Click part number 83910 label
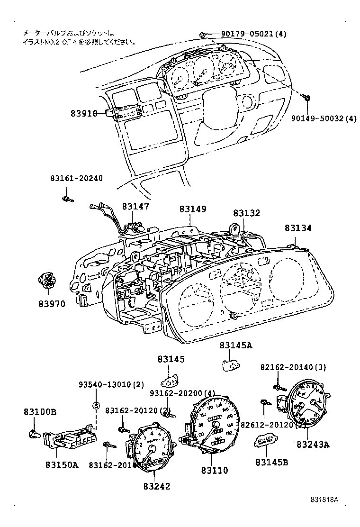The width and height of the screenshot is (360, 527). [x=84, y=113]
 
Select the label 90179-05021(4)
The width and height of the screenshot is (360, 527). [x=253, y=34]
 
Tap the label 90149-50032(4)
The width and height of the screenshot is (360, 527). [x=323, y=118]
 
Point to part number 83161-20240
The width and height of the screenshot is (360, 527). [x=76, y=178]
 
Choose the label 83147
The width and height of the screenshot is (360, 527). [x=135, y=207]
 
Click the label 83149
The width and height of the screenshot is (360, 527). [x=193, y=209]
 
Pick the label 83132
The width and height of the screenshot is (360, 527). [x=246, y=214]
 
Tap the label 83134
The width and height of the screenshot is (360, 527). [x=298, y=228]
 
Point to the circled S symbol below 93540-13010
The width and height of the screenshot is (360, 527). [x=96, y=405]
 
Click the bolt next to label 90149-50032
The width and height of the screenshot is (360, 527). [x=307, y=99]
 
